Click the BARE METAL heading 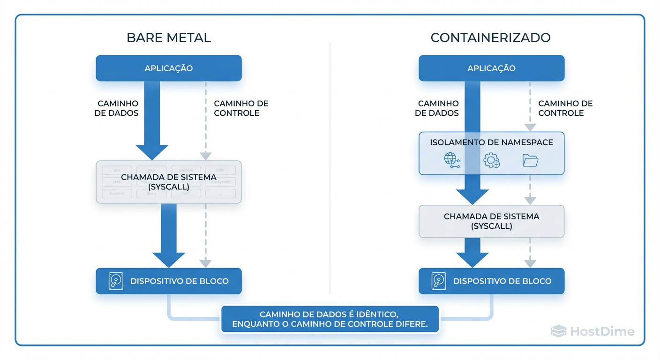tap(168, 37)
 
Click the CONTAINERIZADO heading tap(490, 37)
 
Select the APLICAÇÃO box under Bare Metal tap(168, 68)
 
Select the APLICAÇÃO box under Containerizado tap(491, 68)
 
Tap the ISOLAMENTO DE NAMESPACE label tap(491, 142)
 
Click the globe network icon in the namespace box tap(451, 160)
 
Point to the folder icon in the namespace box tap(530, 161)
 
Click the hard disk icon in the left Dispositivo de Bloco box tap(116, 281)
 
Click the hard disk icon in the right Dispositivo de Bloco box tap(439, 281)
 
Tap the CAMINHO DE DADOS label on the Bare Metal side tap(117, 108)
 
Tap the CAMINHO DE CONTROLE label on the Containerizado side tap(565, 108)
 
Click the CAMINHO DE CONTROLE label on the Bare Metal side tap(241, 108)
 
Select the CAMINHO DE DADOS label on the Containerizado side tap(437, 108)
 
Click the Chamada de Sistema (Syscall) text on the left tap(169, 182)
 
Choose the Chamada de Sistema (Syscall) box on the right tap(491, 221)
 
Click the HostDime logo tap(592, 332)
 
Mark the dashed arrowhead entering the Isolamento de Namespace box tap(530, 127)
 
